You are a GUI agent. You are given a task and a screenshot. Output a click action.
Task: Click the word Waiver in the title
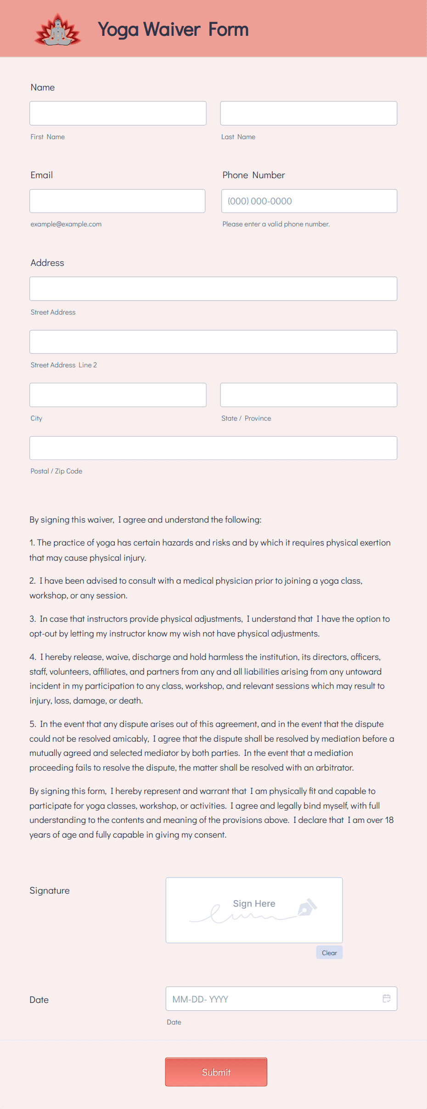click(x=172, y=29)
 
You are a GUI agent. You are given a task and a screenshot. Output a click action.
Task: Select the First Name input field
click(x=118, y=113)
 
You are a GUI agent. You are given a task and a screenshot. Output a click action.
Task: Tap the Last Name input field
click(x=309, y=113)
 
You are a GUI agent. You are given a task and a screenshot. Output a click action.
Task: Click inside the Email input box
click(x=117, y=201)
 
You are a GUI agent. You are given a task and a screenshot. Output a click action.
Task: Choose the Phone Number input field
click(x=309, y=201)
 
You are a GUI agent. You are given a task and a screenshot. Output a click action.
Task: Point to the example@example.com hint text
click(x=66, y=224)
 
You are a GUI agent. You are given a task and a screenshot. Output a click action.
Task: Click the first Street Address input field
click(x=213, y=289)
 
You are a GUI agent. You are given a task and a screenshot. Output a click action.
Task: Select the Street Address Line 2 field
click(x=213, y=342)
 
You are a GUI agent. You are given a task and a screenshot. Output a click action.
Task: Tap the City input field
click(x=118, y=395)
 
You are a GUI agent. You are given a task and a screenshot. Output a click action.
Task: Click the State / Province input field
click(x=309, y=395)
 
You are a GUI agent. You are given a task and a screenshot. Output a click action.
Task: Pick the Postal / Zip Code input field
click(x=213, y=448)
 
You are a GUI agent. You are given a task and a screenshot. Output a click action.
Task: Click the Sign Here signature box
click(x=254, y=910)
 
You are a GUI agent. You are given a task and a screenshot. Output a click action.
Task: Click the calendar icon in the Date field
click(x=387, y=998)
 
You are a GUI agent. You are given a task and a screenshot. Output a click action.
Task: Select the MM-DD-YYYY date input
click(x=271, y=999)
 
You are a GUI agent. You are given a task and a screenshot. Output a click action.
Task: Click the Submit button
click(x=216, y=1072)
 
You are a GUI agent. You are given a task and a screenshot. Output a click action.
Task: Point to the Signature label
click(x=50, y=890)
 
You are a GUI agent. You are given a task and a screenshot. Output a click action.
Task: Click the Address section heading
click(x=47, y=263)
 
